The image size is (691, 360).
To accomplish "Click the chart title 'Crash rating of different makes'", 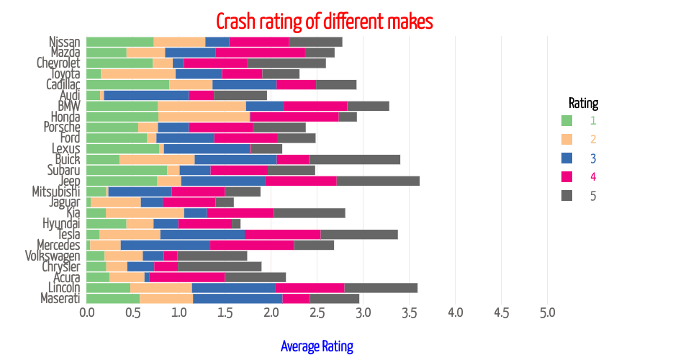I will (x=325, y=21).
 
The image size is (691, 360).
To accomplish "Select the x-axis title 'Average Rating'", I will (x=317, y=346).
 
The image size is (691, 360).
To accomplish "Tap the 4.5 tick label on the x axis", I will (x=501, y=313).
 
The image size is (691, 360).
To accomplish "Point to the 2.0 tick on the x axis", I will (x=271, y=313).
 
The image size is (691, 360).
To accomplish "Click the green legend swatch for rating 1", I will (x=566, y=120).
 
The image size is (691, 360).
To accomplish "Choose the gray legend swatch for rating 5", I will (x=566, y=195).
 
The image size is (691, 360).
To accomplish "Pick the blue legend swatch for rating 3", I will (x=566, y=158).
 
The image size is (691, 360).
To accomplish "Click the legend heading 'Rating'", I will (x=583, y=102).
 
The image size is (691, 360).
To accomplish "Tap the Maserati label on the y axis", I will (x=60, y=298).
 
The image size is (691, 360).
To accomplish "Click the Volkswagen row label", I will (x=53, y=256).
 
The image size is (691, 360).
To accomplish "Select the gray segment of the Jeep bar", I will (x=378, y=181).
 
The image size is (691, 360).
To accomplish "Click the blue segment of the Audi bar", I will (x=146, y=95).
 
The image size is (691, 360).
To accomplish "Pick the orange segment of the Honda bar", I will (x=204, y=117).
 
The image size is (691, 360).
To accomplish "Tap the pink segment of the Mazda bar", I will (x=260, y=53).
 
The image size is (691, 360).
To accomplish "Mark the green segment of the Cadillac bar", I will (x=127, y=84).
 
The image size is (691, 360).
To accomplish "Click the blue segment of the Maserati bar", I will (x=238, y=298).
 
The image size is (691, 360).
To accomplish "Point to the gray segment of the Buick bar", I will (x=354, y=159).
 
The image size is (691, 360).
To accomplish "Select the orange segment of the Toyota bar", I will (x=138, y=73).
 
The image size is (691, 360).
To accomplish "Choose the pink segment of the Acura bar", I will (x=187, y=277).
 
